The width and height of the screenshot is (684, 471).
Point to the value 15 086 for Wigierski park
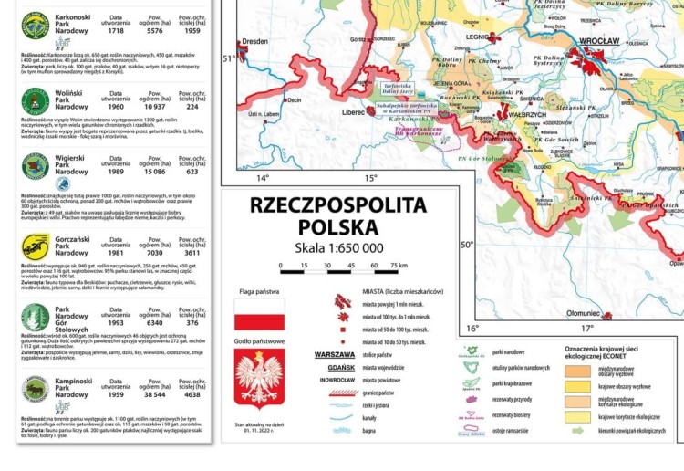(154, 171)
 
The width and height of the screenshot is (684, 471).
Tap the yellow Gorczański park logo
(36, 245)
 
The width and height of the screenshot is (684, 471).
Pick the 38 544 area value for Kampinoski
(154, 394)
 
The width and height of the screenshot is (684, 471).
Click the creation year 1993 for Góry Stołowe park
(116, 321)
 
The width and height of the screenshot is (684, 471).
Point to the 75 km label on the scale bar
(399, 266)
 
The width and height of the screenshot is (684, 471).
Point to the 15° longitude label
(371, 178)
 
